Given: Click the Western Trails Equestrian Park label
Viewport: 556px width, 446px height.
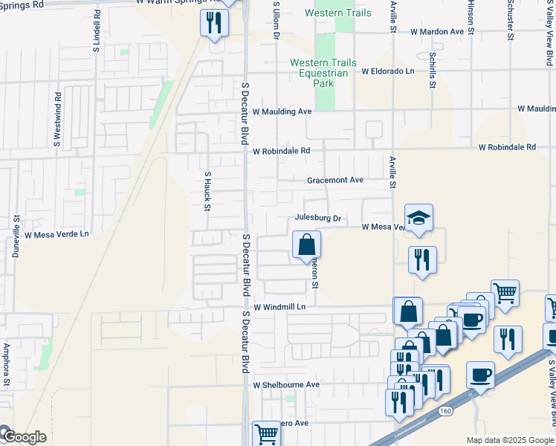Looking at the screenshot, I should [x=323, y=73].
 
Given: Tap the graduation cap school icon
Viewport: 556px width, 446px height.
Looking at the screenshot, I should [x=418, y=218].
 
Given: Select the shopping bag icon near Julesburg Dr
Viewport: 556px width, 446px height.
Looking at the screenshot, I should [x=306, y=245].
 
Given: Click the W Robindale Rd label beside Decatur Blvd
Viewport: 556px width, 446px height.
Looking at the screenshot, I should [x=281, y=151].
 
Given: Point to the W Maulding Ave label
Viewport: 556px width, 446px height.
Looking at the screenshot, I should [x=282, y=111].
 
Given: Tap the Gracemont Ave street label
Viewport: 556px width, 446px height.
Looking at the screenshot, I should [x=335, y=181].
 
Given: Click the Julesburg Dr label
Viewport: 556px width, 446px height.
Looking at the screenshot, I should [x=317, y=219].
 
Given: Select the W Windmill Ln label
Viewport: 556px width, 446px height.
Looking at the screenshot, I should [x=279, y=307].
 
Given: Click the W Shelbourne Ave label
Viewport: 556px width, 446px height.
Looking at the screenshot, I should [x=286, y=385].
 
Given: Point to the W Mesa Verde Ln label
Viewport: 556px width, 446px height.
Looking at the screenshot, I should [x=56, y=234].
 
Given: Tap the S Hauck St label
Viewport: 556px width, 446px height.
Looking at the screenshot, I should [x=208, y=190].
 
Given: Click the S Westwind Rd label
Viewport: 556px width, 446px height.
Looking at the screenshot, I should [x=57, y=118].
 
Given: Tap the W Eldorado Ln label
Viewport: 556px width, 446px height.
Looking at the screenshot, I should [x=388, y=71].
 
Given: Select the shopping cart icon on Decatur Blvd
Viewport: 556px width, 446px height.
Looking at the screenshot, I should [x=266, y=433].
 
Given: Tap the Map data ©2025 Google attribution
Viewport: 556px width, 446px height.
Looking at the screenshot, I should [x=511, y=440].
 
